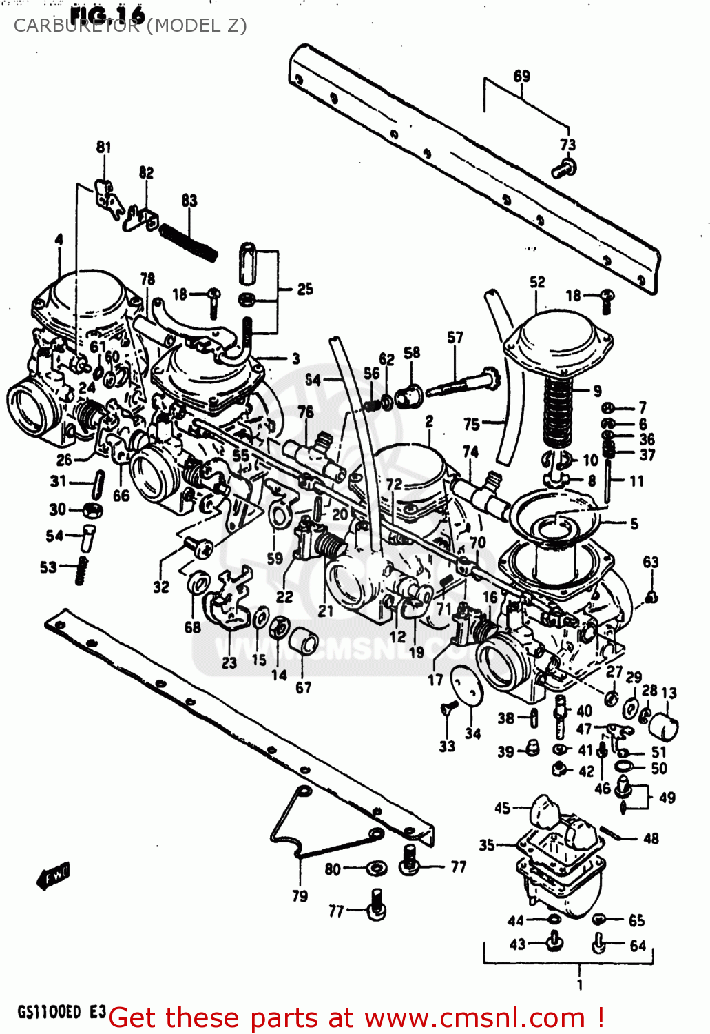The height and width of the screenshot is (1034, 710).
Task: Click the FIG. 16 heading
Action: tap(107, 14)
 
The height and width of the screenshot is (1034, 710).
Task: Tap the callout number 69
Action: tap(522, 76)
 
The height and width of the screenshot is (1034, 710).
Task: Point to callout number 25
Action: tap(304, 290)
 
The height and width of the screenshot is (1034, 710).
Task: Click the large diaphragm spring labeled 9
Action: tap(558, 412)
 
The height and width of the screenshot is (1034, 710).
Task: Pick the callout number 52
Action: tap(537, 282)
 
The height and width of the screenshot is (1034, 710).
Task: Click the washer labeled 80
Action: tap(375, 868)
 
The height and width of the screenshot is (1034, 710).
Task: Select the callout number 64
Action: tap(638, 946)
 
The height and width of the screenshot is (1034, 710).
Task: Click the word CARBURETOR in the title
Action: tap(76, 26)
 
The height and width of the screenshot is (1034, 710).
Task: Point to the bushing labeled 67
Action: tap(302, 644)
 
